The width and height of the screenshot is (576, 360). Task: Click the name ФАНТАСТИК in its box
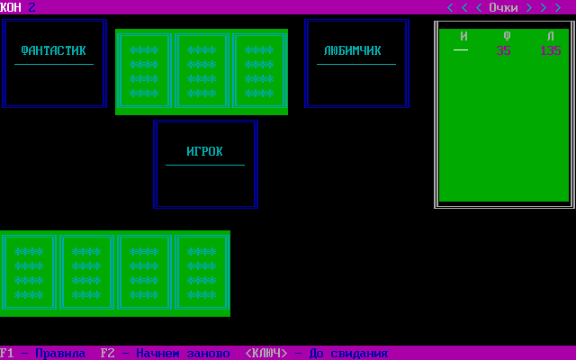(x=54, y=50)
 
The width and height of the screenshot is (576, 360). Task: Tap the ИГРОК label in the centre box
(x=205, y=151)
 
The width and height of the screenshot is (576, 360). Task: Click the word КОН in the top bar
(x=11, y=7)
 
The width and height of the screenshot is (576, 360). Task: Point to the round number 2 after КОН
(x=32, y=7)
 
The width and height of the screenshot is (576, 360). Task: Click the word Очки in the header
(x=504, y=7)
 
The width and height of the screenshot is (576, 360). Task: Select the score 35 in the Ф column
(x=504, y=50)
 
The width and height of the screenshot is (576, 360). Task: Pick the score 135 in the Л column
(x=551, y=50)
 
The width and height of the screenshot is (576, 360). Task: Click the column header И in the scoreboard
(x=463, y=36)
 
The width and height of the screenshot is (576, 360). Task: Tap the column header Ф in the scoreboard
(x=507, y=36)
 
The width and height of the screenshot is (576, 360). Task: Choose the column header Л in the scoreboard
(x=550, y=36)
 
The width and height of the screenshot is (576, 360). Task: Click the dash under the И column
(x=461, y=50)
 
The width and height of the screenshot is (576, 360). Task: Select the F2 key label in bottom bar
(x=108, y=353)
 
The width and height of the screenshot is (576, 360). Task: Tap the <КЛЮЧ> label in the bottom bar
(x=266, y=353)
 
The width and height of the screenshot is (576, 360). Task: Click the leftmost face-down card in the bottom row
(x=29, y=274)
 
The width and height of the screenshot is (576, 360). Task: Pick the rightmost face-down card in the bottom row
(x=202, y=274)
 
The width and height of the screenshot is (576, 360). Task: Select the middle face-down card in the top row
(x=202, y=72)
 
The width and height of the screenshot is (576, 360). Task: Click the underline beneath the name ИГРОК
(x=205, y=165)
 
